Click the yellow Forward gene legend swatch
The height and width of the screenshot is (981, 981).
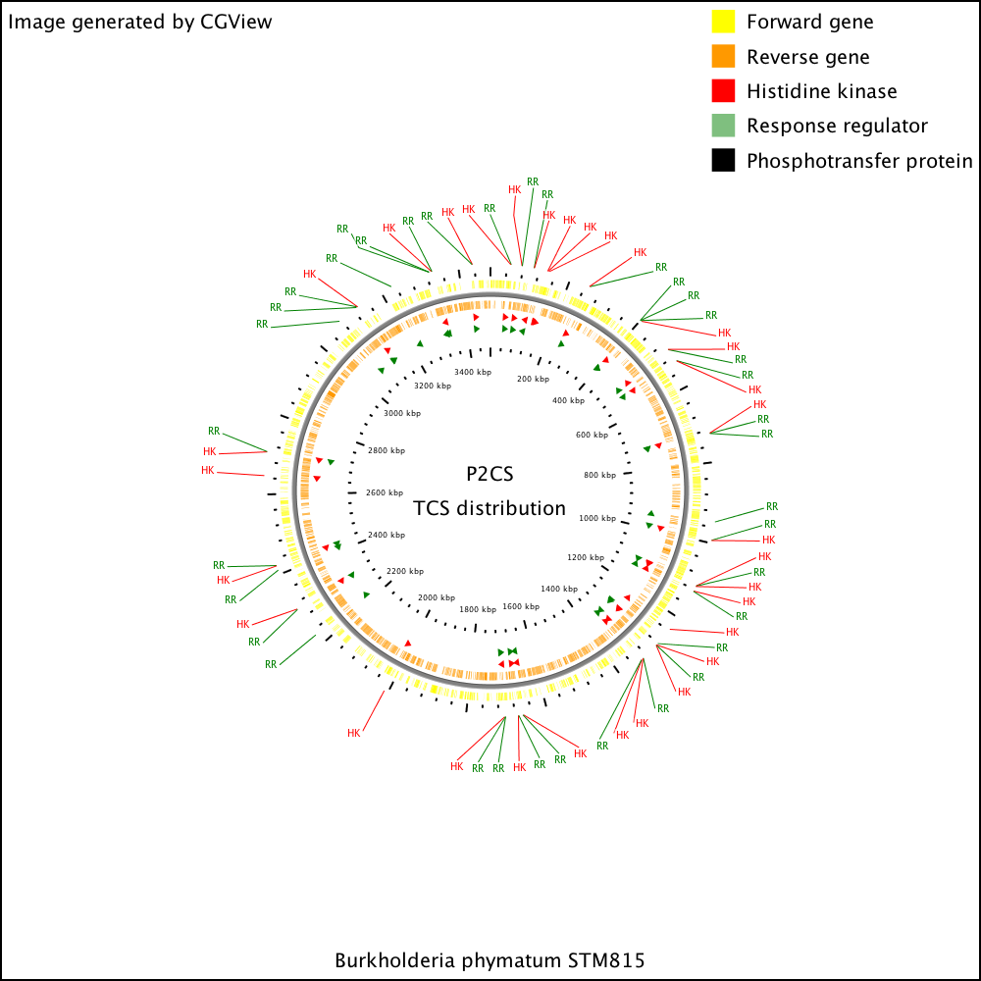[723, 22]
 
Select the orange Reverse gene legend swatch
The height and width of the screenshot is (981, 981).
[723, 56]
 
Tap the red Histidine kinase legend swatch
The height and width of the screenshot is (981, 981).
[723, 90]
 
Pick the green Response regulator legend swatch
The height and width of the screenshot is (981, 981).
[723, 126]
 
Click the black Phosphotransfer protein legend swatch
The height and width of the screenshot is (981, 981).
[723, 160]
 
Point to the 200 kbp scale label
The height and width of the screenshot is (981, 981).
[533, 379]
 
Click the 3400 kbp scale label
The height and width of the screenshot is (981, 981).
[473, 372]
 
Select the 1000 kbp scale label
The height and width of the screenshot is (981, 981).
[597, 518]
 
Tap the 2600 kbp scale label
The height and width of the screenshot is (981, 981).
[385, 492]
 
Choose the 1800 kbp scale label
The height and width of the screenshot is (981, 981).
[478, 609]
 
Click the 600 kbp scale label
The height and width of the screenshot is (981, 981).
[592, 435]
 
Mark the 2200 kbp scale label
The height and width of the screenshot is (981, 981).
[405, 571]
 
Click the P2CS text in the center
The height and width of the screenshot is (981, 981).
[490, 474]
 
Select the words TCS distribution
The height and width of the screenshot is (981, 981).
[490, 508]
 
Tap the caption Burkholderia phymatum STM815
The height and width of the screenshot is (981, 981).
[490, 960]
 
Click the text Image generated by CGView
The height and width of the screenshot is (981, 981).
[140, 22]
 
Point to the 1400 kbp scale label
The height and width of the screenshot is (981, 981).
[559, 589]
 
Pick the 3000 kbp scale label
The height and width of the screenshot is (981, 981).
[402, 413]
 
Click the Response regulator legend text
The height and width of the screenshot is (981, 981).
[837, 126]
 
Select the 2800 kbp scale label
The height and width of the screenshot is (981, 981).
[387, 450]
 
